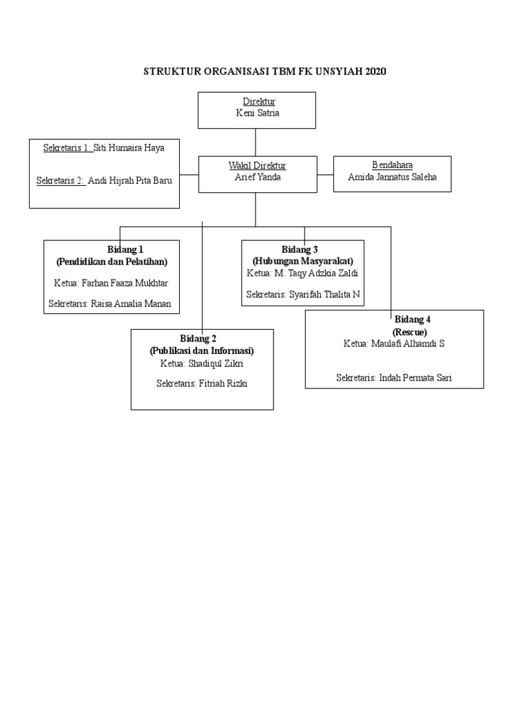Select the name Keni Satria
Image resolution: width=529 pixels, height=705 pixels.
click(x=258, y=114)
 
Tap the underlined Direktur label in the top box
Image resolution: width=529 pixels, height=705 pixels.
click(x=258, y=102)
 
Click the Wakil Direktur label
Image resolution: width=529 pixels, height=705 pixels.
click(x=257, y=165)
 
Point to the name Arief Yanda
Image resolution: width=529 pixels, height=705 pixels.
click(x=257, y=177)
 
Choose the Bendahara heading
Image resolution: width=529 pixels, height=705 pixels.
click(x=392, y=165)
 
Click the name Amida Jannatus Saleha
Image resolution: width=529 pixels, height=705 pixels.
click(x=392, y=177)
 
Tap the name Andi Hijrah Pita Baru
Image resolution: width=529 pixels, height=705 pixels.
click(x=129, y=180)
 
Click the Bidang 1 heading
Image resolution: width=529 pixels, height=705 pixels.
click(x=125, y=249)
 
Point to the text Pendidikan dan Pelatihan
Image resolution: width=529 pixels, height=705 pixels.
click(x=112, y=262)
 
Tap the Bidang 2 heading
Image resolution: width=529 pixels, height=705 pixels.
click(x=198, y=338)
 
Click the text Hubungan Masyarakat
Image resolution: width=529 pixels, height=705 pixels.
click(x=302, y=261)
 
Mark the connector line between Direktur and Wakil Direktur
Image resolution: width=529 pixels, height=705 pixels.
click(x=256, y=143)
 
